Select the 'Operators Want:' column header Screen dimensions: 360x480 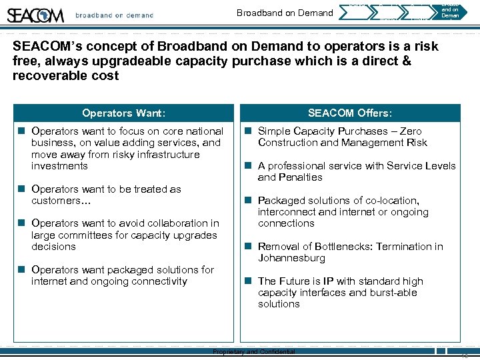coord(123,113)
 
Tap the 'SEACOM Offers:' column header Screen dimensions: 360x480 coord(349,113)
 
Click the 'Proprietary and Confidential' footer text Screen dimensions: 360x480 coord(253,352)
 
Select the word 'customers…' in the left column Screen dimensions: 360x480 coord(59,201)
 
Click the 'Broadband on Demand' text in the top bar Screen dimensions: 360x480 coord(285,13)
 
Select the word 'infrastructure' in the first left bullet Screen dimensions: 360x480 coord(167,155)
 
